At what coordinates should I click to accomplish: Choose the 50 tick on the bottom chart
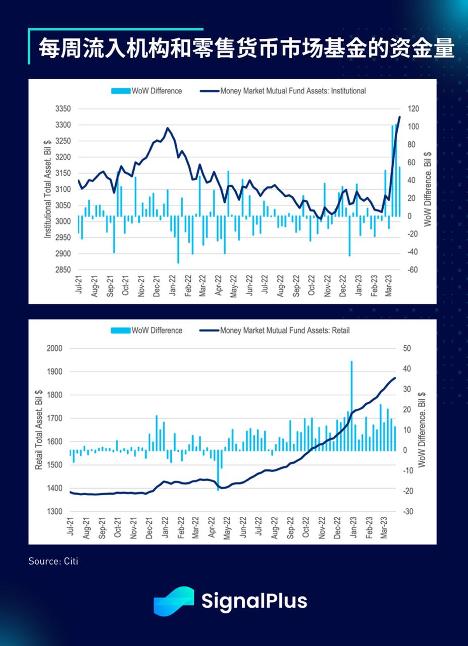(408, 349)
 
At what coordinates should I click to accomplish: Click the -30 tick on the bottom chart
(408, 512)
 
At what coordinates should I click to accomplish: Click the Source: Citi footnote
(53, 561)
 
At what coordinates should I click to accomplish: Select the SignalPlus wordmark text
(254, 601)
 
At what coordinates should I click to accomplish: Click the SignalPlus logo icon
(174, 601)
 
